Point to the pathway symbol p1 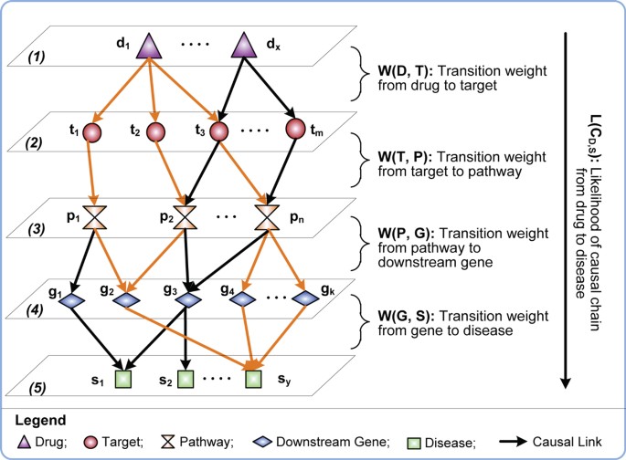click(94, 217)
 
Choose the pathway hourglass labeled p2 click(187, 217)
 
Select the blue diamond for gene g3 click(187, 299)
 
